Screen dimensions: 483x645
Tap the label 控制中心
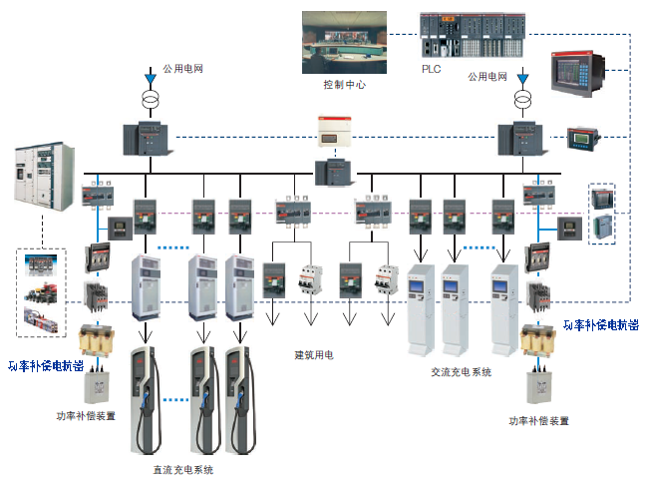coord(344,85)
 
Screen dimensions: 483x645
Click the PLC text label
coord(431,69)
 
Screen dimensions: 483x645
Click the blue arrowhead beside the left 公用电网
coord(151,78)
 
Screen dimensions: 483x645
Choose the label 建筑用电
coord(314,354)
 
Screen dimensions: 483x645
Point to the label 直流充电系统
coord(181,468)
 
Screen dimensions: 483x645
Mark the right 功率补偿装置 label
coord(539,421)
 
